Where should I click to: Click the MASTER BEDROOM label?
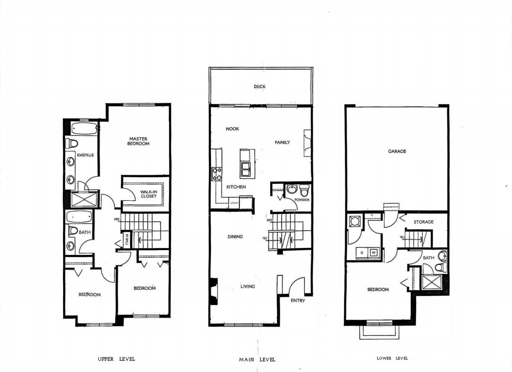138,141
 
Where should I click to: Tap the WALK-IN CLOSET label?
148,194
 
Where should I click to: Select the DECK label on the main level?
260,87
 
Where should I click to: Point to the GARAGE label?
396,152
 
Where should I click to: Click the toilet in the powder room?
305,190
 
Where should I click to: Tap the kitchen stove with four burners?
216,174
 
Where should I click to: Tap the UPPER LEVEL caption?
116,359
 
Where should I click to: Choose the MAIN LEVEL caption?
257,359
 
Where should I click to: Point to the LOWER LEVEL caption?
392,358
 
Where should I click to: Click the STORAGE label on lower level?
423,222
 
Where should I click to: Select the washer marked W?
374,252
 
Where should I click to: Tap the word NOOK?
232,129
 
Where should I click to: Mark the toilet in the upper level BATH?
73,230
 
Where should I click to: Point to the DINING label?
235,237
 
